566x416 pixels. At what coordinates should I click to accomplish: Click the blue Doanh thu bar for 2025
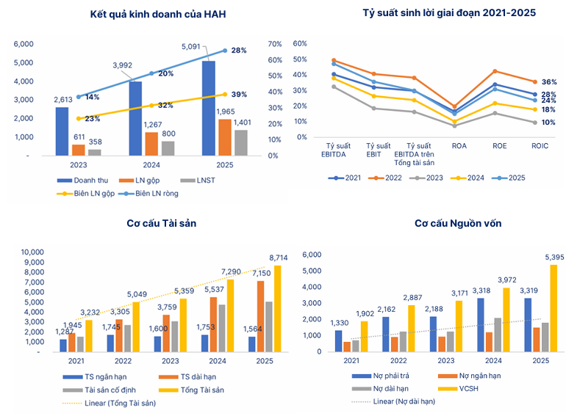208,109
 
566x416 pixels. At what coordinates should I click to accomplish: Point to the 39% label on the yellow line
239,95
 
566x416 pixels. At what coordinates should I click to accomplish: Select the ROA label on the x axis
459,146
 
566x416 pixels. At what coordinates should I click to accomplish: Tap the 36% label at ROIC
548,82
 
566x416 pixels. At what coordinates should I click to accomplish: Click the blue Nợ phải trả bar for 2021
338,341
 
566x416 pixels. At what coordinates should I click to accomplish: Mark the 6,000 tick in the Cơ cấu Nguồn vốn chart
312,255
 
